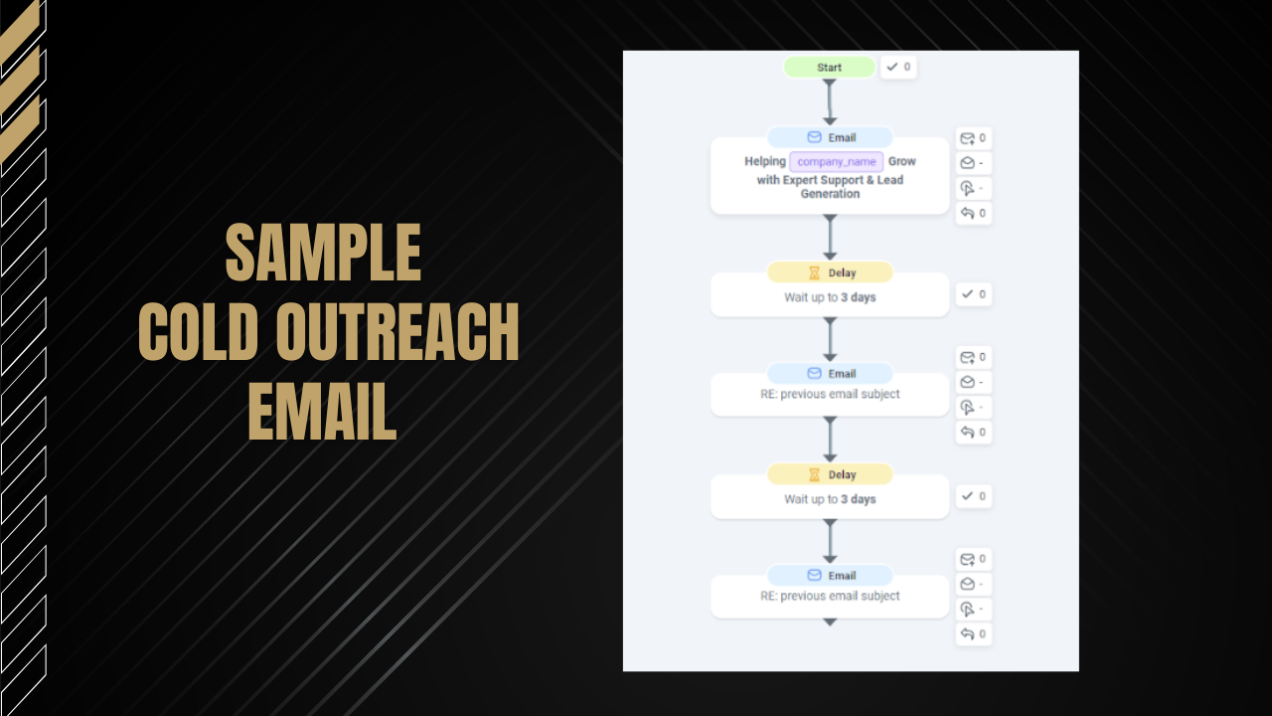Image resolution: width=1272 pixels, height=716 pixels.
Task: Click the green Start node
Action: (829, 67)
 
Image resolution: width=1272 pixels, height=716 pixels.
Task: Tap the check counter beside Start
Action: (898, 67)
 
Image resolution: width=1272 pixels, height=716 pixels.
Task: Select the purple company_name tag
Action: (837, 161)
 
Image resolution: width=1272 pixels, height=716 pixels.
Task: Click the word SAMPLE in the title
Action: (323, 253)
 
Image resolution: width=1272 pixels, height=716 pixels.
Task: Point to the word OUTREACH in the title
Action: (397, 331)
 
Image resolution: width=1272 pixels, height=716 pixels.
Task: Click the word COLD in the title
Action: (198, 331)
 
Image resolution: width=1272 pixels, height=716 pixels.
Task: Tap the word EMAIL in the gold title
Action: (322, 411)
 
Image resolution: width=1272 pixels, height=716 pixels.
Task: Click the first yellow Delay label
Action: (830, 272)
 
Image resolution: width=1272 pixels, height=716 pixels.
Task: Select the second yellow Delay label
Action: (830, 474)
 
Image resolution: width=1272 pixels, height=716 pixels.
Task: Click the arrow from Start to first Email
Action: (830, 102)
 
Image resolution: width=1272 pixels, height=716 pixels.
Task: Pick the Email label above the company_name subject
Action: (830, 137)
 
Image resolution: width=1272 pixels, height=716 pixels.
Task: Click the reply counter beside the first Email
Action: (973, 213)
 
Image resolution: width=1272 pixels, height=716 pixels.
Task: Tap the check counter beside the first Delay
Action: (973, 294)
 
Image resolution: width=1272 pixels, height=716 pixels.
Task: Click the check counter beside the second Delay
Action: (973, 496)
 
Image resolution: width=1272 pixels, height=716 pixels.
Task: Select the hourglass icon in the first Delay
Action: (814, 272)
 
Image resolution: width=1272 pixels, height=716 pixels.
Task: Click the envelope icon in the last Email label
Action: (814, 575)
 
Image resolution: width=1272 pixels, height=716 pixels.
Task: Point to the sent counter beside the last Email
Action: (973, 559)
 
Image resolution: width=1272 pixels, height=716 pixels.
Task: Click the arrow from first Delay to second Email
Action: (830, 340)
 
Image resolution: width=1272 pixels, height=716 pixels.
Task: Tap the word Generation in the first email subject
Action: (830, 194)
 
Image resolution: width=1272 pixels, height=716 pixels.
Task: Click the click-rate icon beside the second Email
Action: (967, 408)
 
